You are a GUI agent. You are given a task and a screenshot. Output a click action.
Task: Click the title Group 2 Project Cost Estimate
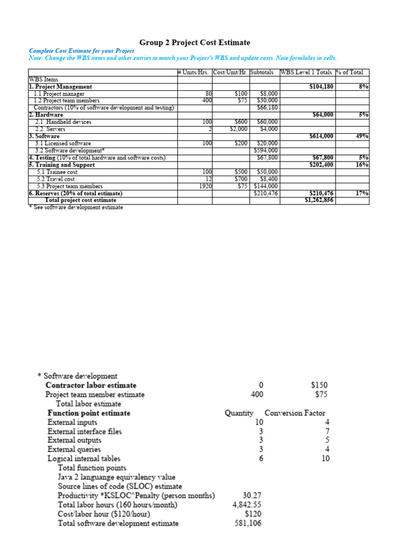[195, 42]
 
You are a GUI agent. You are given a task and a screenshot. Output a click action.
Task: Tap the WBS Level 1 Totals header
[305, 72]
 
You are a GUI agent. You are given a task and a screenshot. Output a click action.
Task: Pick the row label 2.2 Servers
[50, 129]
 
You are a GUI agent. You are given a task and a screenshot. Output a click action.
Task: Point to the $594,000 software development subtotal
[266, 150]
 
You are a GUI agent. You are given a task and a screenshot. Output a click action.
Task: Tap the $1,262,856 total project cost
[319, 200]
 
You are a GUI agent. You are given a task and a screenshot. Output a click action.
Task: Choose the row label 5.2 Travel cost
[55, 179]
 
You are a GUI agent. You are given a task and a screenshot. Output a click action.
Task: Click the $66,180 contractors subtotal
[267, 108]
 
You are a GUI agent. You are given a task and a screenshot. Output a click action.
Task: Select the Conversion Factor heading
[295, 413]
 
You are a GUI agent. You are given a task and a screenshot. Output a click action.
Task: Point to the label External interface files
[84, 431]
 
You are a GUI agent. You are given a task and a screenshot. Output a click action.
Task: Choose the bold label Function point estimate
[89, 413]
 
